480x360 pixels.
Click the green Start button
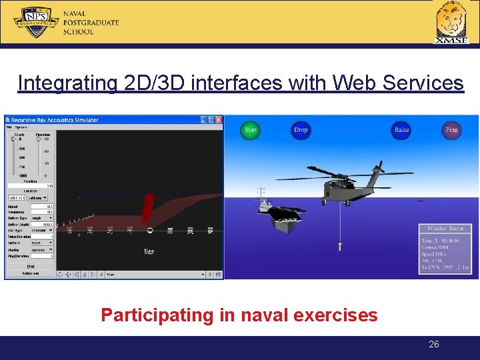(x=251, y=129)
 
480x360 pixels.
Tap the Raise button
(x=401, y=129)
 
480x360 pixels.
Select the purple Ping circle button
(x=451, y=129)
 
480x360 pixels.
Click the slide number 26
(x=434, y=344)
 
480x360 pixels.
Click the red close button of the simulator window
(x=219, y=120)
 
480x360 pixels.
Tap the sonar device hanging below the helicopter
(x=341, y=246)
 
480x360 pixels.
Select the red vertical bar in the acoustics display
(x=147, y=207)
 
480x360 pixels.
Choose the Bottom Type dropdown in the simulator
(x=42, y=217)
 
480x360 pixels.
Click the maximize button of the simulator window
(x=210, y=120)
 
